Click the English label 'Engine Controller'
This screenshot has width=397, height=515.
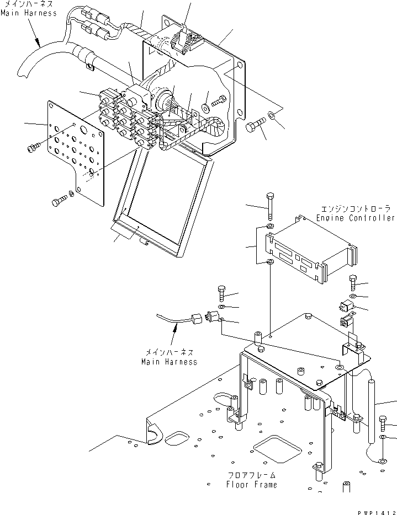pyautogui.click(x=356, y=218)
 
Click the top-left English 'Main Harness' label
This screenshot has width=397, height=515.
pyautogui.click(x=28, y=13)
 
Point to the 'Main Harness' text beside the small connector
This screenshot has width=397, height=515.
pyautogui.click(x=168, y=362)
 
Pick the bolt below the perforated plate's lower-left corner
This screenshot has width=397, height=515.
pyautogui.click(x=59, y=202)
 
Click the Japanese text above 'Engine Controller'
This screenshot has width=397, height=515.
pyautogui.click(x=356, y=209)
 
